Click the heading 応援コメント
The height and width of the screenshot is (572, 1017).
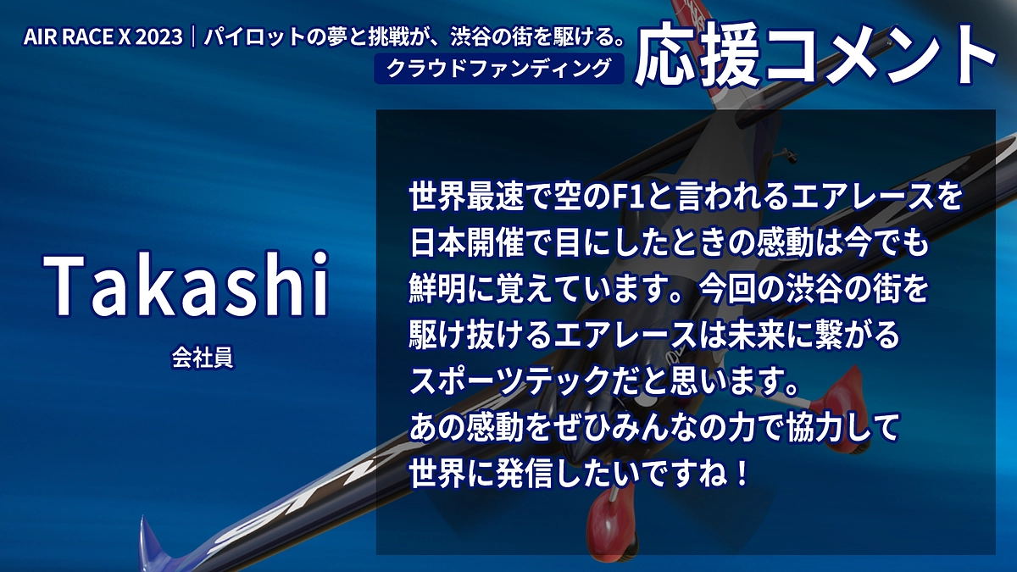coord(815,58)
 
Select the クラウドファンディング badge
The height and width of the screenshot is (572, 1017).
coord(498,69)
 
